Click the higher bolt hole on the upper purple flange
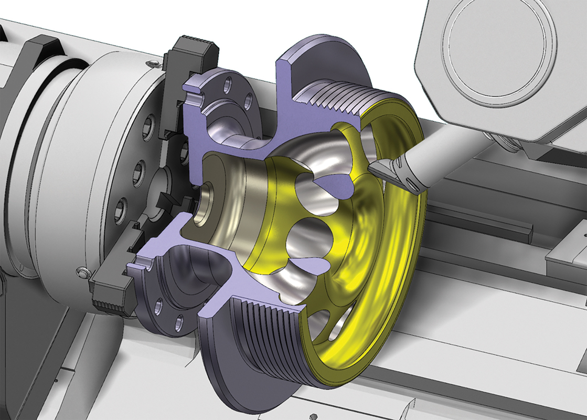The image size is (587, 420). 228,85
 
